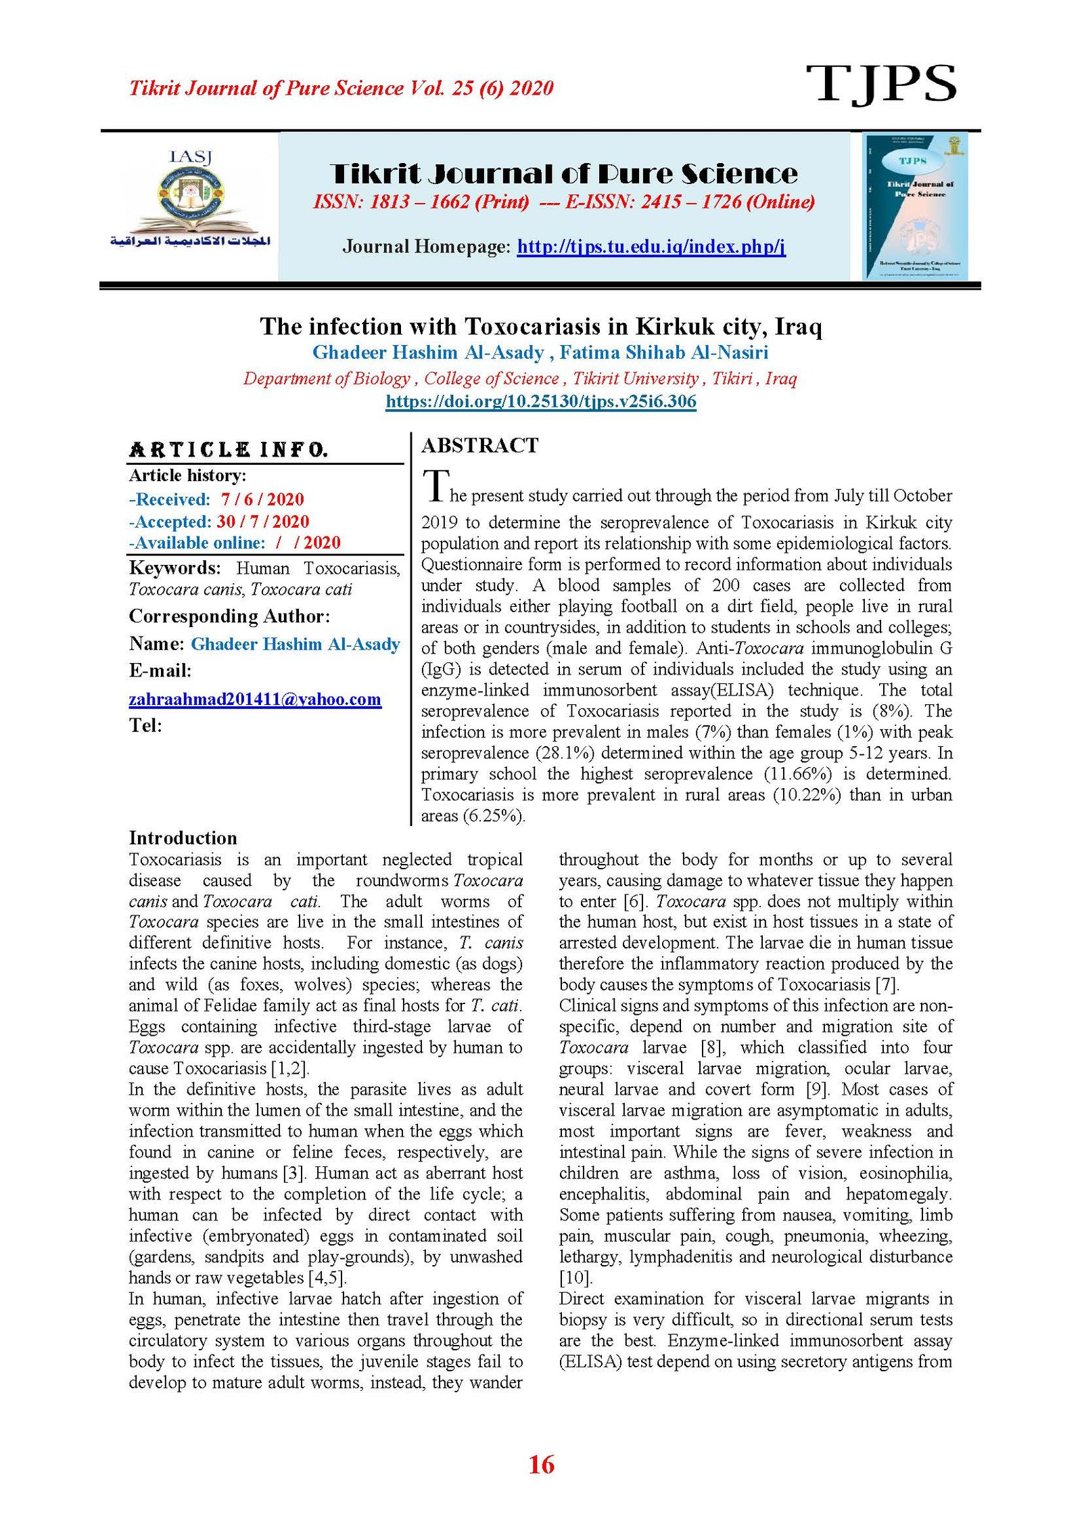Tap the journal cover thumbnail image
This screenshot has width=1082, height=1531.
(x=915, y=206)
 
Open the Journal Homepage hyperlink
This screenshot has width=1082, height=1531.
(x=651, y=246)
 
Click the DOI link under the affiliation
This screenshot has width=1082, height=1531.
(x=540, y=401)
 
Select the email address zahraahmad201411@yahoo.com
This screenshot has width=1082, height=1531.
(x=255, y=699)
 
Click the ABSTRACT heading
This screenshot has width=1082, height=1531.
(x=479, y=445)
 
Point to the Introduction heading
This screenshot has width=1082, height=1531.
(x=183, y=838)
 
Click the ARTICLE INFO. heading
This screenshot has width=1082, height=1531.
(x=228, y=450)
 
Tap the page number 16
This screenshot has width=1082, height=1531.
(x=541, y=1465)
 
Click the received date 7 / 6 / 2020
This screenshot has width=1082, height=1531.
(x=262, y=499)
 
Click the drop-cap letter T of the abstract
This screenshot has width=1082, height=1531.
(x=436, y=486)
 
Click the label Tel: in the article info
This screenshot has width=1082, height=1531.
(x=145, y=725)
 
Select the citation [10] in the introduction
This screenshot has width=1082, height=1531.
(x=575, y=1277)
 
